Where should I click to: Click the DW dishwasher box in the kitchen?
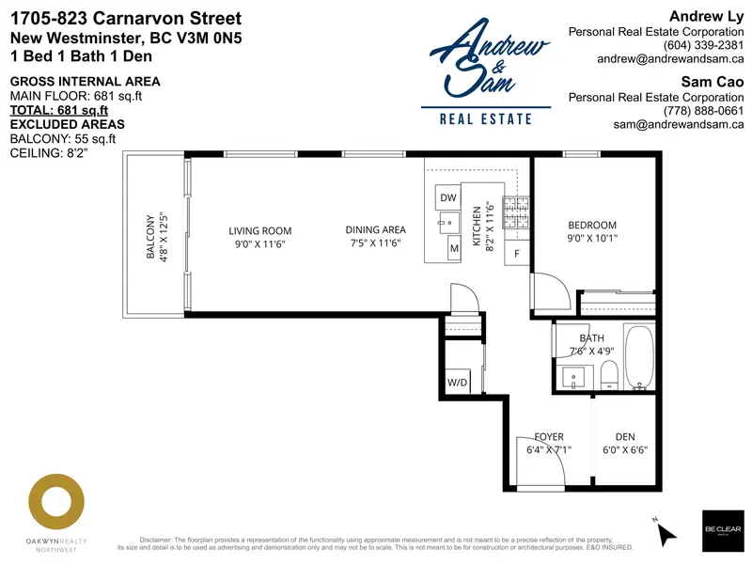(448, 198)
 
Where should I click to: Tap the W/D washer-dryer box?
(458, 383)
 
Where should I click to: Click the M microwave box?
(453, 248)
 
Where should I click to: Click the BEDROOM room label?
(592, 225)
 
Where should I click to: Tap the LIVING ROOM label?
(260, 230)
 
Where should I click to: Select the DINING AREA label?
(375, 230)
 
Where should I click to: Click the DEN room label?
(624, 436)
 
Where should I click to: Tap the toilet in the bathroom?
(609, 373)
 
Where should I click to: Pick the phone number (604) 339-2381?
(703, 44)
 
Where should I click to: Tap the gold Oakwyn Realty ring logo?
(54, 502)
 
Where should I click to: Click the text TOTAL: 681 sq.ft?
(59, 110)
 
